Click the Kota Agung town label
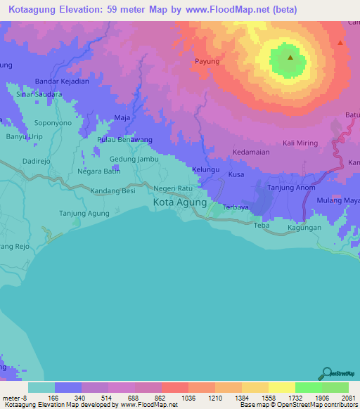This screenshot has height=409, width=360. point(180,202)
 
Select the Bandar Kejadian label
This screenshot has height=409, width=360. point(62,82)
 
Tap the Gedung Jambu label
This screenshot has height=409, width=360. point(134,160)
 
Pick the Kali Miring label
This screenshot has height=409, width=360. point(300,143)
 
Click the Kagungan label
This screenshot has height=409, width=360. point(304,228)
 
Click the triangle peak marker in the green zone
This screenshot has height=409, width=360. point(289,58)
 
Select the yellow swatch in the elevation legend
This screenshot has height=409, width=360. point(281,387)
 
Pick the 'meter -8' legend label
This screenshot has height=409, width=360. point(15,398)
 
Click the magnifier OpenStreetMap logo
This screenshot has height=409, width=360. point(326,374)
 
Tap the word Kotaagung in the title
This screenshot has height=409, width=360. point(34,9)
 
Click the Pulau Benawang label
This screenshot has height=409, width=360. point(124,140)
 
